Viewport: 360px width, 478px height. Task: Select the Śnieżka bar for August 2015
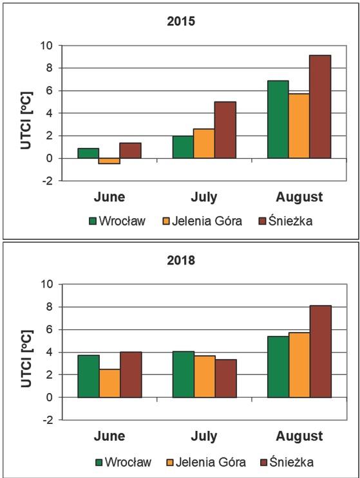[x=320, y=106]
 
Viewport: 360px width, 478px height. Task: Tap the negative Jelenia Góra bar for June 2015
[x=109, y=161]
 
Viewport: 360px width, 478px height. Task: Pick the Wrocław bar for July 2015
[x=183, y=147]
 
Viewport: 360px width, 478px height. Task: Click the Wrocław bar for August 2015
[x=278, y=119]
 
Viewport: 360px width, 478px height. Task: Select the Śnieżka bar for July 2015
[x=225, y=129]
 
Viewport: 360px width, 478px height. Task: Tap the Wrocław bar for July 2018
[x=183, y=374]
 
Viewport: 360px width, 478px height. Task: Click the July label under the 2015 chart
[x=204, y=196]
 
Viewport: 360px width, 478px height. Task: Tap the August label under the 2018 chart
[x=299, y=436]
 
